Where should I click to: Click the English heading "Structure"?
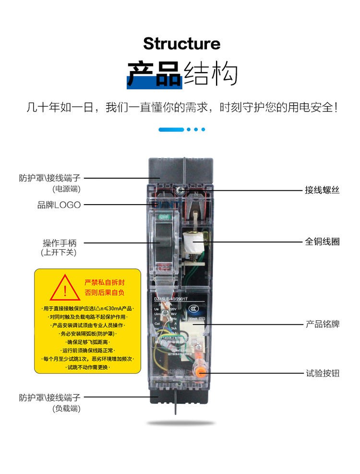pyautogui.click(x=181, y=44)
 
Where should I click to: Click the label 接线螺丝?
pyautogui.click(x=322, y=190)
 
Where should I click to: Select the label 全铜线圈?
pyautogui.click(x=322, y=242)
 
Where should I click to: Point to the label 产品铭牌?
pyautogui.click(x=322, y=324)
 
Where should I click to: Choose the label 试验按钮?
pyautogui.click(x=322, y=373)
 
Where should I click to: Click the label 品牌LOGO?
pyautogui.click(x=59, y=205)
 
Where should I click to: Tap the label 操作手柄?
pyautogui.click(x=60, y=243)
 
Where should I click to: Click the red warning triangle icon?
pyautogui.click(x=65, y=287)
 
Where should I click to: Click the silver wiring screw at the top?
pyautogui.click(x=181, y=191)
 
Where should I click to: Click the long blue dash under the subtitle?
pyautogui.click(x=171, y=129)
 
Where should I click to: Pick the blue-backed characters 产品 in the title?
pyautogui.click(x=154, y=74)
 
